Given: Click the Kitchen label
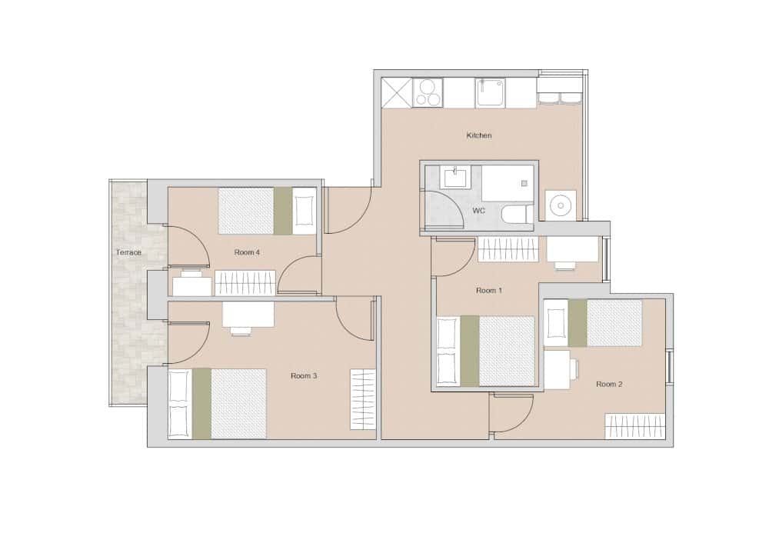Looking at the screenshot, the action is [478, 135].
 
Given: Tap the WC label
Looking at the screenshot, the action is [478, 211].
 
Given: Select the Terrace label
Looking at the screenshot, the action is [128, 252].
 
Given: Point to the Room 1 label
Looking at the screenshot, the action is [489, 291].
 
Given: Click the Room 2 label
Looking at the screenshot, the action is [609, 384].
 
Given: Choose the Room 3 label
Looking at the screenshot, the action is [304, 376].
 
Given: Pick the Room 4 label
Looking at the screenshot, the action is [247, 252].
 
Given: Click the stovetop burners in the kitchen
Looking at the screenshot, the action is [428, 93].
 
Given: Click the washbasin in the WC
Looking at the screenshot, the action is [454, 177].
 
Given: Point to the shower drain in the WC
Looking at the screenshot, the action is [524, 184].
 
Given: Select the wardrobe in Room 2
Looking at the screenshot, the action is [635, 426].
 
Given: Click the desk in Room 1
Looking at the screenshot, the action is [573, 249].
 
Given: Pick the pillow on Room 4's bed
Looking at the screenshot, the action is [304, 211].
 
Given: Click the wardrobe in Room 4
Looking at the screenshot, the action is [245, 283].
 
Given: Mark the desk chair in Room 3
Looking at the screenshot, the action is [241, 331].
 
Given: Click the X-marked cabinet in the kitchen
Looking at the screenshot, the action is [397, 93].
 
